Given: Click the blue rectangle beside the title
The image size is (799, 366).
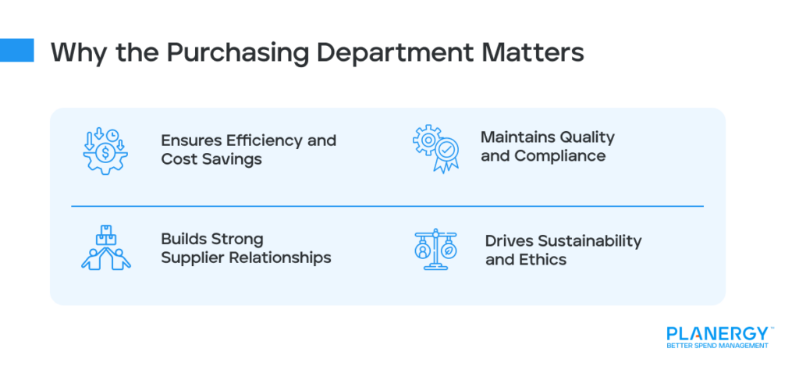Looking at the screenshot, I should (x=17, y=50).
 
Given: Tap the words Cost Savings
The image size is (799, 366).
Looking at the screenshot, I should (x=211, y=159).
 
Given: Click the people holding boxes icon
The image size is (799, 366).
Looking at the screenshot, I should (x=105, y=248).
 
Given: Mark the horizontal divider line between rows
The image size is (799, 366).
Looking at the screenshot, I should (x=387, y=207).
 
